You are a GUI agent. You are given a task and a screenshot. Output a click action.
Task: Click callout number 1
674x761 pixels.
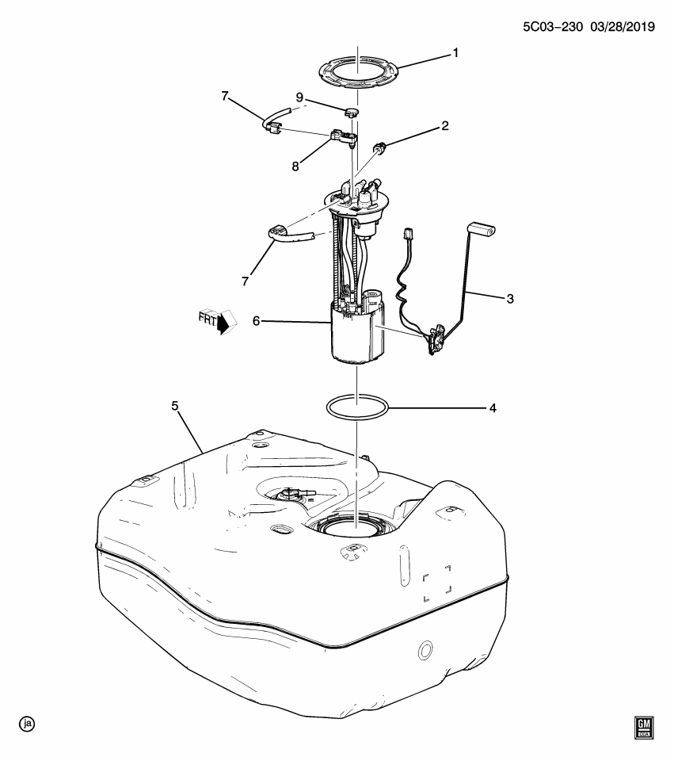pyautogui.click(x=455, y=53)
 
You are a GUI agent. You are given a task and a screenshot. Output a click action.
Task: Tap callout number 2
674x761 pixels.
pyautogui.click(x=445, y=125)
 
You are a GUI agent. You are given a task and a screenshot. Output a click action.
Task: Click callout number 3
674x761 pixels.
pyautogui.click(x=511, y=299)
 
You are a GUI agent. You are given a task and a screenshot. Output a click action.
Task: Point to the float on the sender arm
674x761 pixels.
pyautogui.click(x=482, y=231)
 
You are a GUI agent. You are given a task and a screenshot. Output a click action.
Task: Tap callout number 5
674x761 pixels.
pyautogui.click(x=175, y=407)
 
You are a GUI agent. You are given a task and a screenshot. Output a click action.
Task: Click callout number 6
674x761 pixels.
pyautogui.click(x=257, y=322)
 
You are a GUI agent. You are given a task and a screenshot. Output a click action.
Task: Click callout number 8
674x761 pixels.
pyautogui.click(x=295, y=166)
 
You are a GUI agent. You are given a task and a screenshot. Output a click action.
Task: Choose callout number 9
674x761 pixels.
pyautogui.click(x=299, y=98)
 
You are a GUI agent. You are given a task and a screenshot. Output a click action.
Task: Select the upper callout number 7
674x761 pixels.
pyautogui.click(x=225, y=97)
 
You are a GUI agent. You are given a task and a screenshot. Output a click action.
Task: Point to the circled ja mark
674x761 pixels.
pyautogui.click(x=29, y=724)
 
